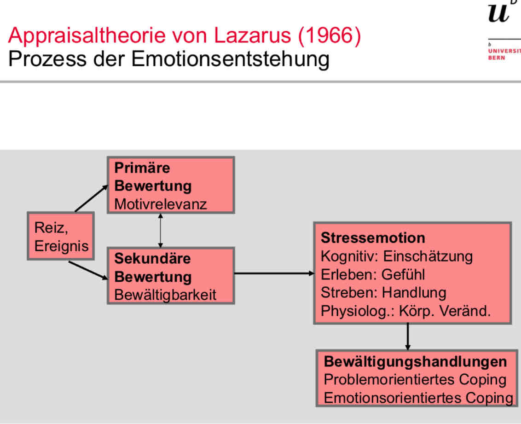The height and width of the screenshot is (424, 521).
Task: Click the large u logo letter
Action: pyautogui.click(x=498, y=13)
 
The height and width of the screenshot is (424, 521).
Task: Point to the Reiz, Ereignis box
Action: pyautogui.click(x=61, y=236)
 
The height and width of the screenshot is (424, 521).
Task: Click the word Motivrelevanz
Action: pyautogui.click(x=161, y=204)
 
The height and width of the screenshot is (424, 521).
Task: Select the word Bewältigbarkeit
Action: pyautogui.click(x=165, y=295)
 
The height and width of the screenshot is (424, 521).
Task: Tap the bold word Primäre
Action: pyautogui.click(x=142, y=168)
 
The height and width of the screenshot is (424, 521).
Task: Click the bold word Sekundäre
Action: pyautogui.click(x=152, y=258)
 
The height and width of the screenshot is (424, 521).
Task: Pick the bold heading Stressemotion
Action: pyautogui.click(x=373, y=238)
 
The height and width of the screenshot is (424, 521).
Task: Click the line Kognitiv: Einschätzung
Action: pyautogui.click(x=396, y=256)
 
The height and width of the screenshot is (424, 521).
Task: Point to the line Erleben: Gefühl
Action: pyautogui.click(x=373, y=274)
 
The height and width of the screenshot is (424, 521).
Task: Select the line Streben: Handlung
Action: pyautogui.click(x=383, y=292)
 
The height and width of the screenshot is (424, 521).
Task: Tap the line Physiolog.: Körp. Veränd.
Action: pyautogui.click(x=405, y=311)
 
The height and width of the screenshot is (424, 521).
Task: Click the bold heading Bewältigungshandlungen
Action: pyautogui.click(x=415, y=362)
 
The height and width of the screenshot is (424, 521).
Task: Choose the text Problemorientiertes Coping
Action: pyautogui.click(x=415, y=380)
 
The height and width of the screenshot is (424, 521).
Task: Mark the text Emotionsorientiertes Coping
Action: pyautogui.click(x=418, y=398)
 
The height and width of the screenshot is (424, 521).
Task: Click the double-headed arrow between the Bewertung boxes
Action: pyautogui.click(x=160, y=230)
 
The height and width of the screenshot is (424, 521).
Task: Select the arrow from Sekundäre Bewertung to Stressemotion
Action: pyautogui.click(x=274, y=273)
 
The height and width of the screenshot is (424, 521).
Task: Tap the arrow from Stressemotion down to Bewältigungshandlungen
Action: pyautogui.click(x=408, y=337)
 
